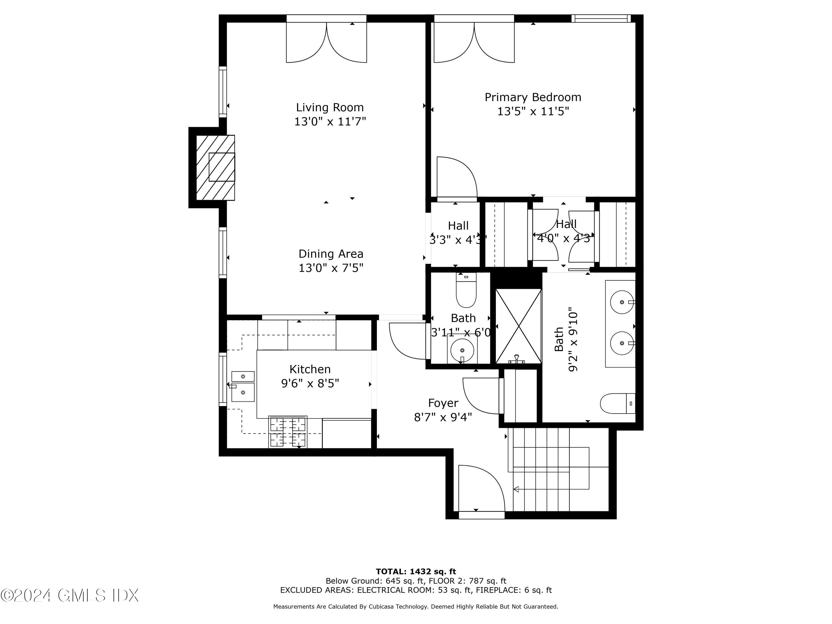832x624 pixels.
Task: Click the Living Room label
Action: pyautogui.click(x=329, y=108)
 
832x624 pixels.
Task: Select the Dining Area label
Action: pyautogui.click(x=331, y=254)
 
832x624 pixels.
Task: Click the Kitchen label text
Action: pyautogui.click(x=310, y=369)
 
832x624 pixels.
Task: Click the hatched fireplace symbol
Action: pyautogui.click(x=215, y=168)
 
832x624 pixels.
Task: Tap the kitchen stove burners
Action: pyautogui.click(x=288, y=432)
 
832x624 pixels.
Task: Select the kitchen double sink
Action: pyautogui.click(x=243, y=386)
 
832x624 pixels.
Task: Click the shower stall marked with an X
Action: pyautogui.click(x=518, y=326)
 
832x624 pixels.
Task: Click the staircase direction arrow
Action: pyautogui.click(x=517, y=489)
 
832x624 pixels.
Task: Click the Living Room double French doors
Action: pyautogui.click(x=326, y=42)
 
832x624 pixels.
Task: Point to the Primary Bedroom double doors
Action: pyautogui.click(x=474, y=42)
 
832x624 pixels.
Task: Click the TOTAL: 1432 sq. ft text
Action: pyautogui.click(x=416, y=572)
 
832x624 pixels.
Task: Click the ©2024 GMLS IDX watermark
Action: pyautogui.click(x=70, y=595)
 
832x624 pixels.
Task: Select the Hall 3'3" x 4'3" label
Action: pyautogui.click(x=458, y=232)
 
